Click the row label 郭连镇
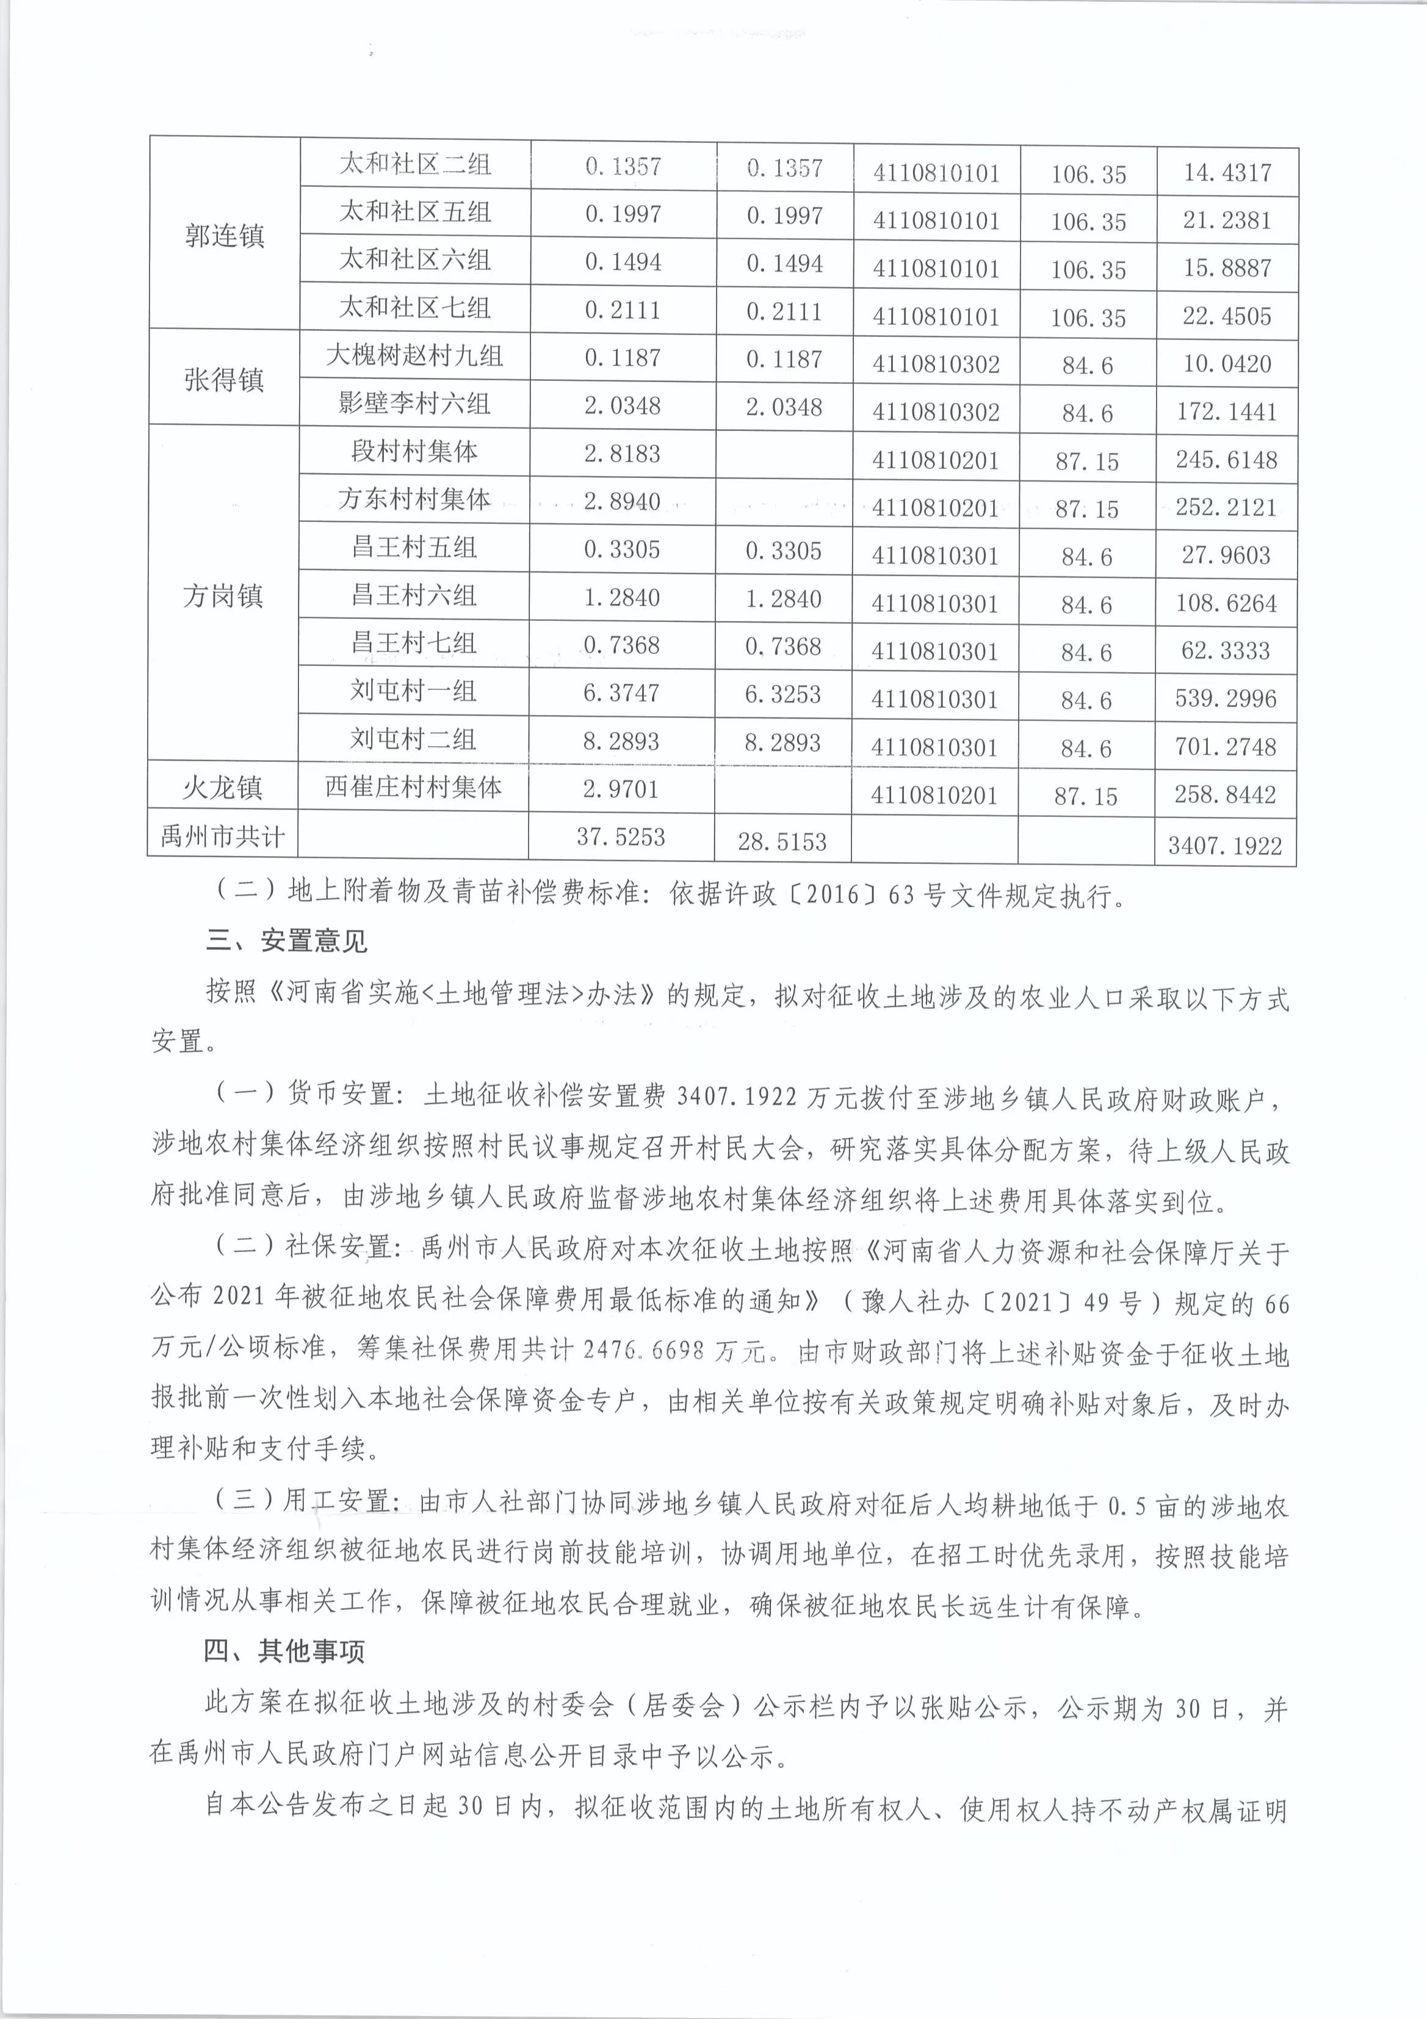(x=224, y=236)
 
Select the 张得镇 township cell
(x=224, y=380)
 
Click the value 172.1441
(x=1227, y=411)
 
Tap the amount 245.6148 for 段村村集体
(x=1227, y=460)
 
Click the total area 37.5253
(x=621, y=836)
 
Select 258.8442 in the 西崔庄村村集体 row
(x=1226, y=795)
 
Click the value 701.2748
(x=1226, y=747)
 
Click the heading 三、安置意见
(x=287, y=942)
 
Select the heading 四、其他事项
(x=285, y=1651)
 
